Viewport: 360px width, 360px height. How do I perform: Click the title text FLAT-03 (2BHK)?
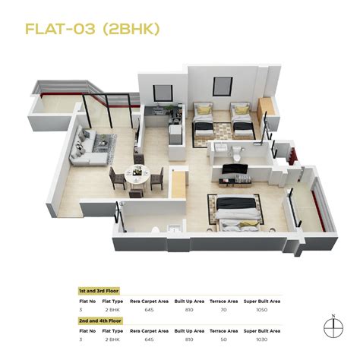pos(92,30)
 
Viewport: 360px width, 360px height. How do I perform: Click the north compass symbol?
pos(332,326)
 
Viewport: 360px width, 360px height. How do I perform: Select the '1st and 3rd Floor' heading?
pos(99,291)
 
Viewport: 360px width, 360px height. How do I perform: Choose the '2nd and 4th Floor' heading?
pos(99,321)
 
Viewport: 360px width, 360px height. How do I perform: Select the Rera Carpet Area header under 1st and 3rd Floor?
pos(148,301)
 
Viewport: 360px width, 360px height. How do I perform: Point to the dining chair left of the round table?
pos(114,178)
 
